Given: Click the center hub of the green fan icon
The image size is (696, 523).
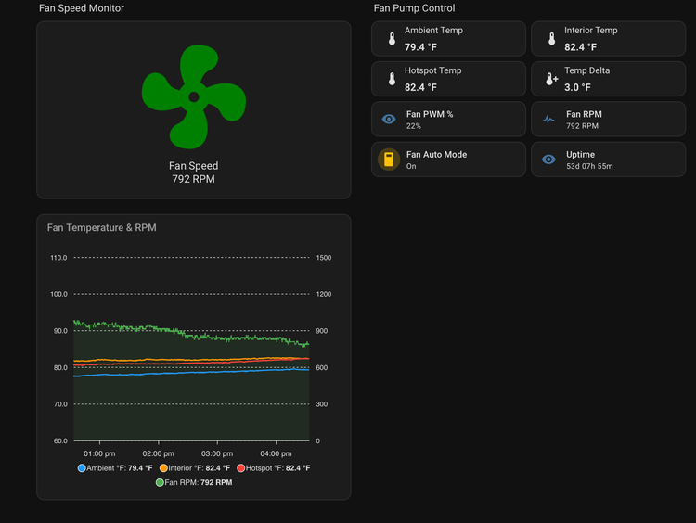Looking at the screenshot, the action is coord(194,97).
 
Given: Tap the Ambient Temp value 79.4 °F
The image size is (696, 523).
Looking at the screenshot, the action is coord(420,47).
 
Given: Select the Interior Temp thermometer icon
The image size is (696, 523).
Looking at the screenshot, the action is coord(551,39).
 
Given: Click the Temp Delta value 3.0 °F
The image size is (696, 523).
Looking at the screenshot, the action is coord(577,87).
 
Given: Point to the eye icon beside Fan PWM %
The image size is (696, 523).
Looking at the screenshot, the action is coord(389,119).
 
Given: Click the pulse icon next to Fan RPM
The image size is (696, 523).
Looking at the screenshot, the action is coord(548,119).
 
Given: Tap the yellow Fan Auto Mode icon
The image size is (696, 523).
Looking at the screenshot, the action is coord(389,159).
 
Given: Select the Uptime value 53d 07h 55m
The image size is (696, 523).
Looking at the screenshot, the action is coord(589,166).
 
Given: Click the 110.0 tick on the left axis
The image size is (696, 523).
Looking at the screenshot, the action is coord(58,258).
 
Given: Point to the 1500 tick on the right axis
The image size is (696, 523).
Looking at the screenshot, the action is coord(324,258).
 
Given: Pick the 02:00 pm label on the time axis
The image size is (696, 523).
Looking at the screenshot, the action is coord(158,453).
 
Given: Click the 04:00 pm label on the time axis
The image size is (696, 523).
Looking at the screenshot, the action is coord(276,453).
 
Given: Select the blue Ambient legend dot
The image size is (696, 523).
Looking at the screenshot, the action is coord(82,468).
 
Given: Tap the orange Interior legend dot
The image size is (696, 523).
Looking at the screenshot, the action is coord(163,468).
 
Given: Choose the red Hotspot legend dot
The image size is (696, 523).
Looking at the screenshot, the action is coord(241,468).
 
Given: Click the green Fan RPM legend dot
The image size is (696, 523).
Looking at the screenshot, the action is coord(160,482).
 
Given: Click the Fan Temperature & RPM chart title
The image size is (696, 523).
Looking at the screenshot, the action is coord(102,227).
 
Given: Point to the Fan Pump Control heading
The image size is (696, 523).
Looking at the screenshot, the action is coord(414,8).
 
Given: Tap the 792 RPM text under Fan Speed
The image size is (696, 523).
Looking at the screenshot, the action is coord(194,179).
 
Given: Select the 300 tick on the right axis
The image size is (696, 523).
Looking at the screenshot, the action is coord(321,404).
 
